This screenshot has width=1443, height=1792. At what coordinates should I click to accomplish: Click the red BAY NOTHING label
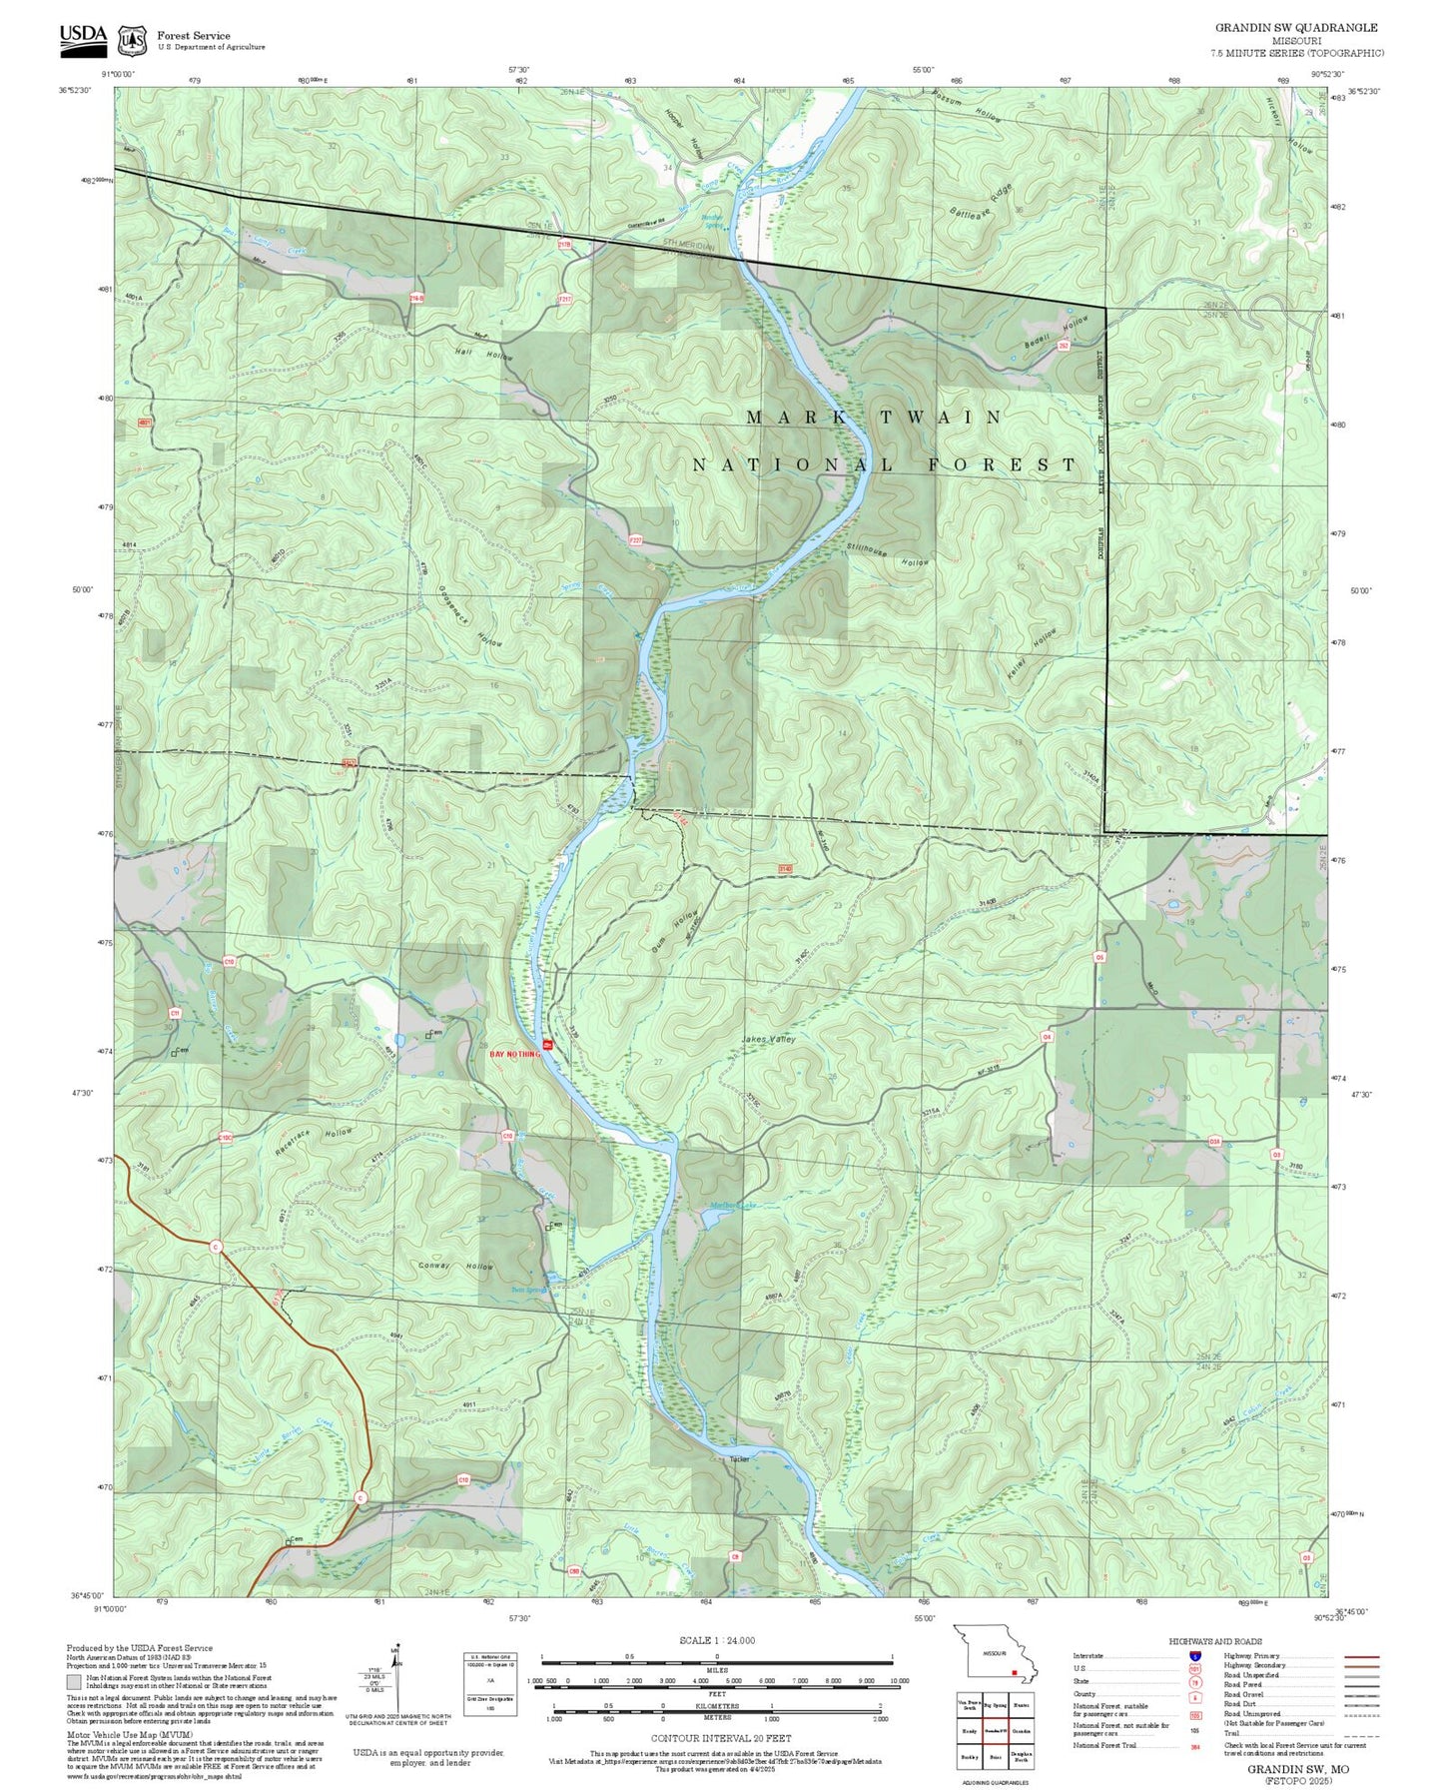[513, 1054]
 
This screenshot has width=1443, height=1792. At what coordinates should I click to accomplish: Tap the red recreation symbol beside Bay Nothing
[546, 1045]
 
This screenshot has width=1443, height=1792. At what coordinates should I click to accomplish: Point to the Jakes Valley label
[768, 1040]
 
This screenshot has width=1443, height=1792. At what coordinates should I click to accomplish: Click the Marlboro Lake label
[733, 1205]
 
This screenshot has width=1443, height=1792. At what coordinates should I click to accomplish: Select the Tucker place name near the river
[739, 1459]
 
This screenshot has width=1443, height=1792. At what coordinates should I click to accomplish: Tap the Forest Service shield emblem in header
[132, 40]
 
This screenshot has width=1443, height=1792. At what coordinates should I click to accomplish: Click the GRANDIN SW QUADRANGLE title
[1295, 28]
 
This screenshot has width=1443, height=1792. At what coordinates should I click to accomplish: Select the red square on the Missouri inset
[1014, 1671]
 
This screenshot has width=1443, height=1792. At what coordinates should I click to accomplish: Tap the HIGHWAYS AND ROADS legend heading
[1215, 1641]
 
